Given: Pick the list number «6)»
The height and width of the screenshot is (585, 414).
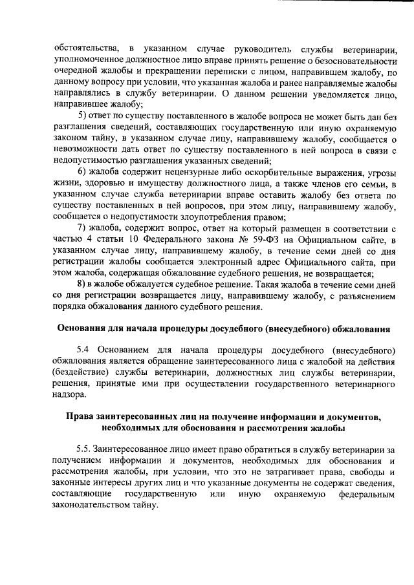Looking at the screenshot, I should click(x=82, y=171).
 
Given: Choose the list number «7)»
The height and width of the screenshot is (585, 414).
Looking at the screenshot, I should click(x=82, y=227).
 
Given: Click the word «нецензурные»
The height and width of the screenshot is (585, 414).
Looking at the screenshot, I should click(x=175, y=171).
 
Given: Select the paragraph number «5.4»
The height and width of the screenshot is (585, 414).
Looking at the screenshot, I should click(x=83, y=351).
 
